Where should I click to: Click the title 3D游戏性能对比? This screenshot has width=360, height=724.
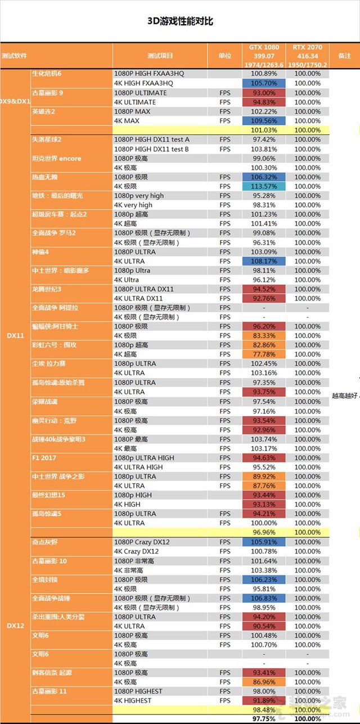pos(180,21)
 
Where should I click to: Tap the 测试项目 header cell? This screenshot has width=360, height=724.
pos(160,56)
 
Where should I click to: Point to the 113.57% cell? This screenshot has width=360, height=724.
pos(263,186)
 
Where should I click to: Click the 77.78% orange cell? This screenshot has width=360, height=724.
pos(263,354)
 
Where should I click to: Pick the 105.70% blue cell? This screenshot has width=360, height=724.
pos(263,83)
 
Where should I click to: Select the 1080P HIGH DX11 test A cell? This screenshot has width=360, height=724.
pos(152,140)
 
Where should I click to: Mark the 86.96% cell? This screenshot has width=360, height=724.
pos(263,682)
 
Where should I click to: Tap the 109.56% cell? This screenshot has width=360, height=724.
pos(263,121)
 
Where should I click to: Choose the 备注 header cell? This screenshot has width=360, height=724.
pos(344,56)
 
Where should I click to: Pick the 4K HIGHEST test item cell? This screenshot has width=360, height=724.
pos(133,700)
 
